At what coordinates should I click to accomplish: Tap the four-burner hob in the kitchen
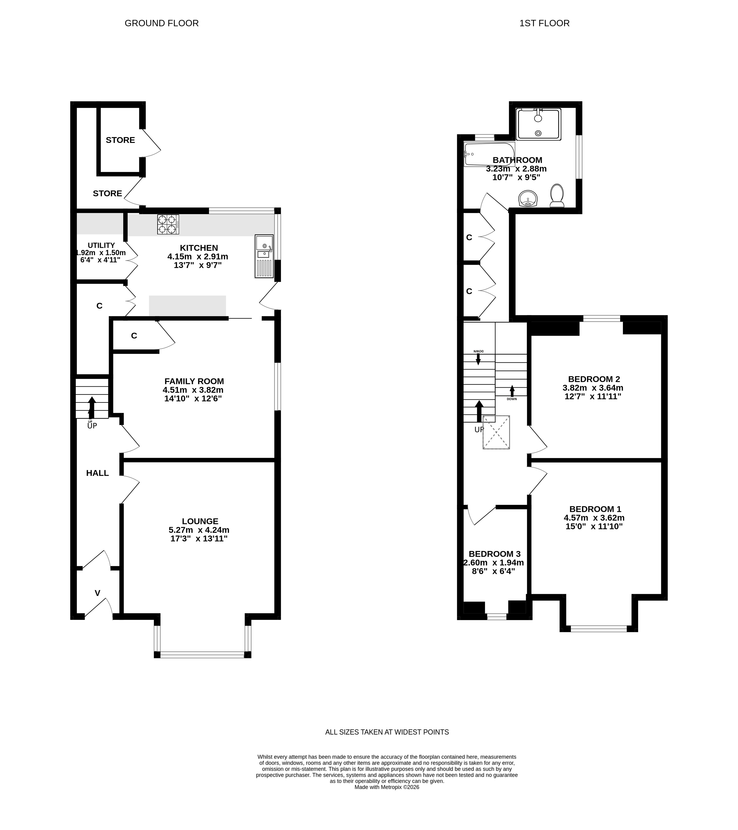[168, 224]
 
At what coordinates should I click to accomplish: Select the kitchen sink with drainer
[264, 256]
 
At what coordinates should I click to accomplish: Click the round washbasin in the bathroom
[528, 198]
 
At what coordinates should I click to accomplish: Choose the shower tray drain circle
[538, 133]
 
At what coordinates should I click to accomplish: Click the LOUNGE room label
[200, 521]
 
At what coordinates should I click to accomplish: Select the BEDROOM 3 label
[495, 554]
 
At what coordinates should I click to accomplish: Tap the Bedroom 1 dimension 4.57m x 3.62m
[594, 518]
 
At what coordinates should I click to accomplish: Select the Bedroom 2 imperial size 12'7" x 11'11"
[593, 396]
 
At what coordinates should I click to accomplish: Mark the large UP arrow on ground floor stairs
[92, 407]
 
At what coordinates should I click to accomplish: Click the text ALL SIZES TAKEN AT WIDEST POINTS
[387, 732]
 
